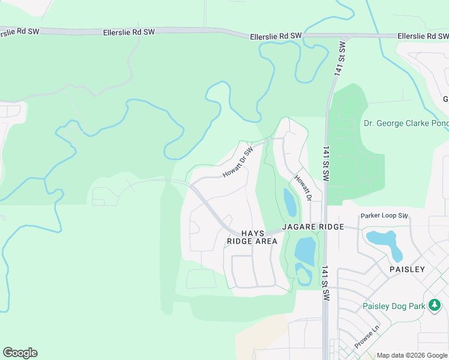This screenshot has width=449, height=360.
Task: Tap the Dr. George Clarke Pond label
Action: [406, 124]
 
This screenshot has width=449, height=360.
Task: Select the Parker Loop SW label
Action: [384, 215]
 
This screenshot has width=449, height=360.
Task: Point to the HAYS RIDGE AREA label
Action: [252, 237]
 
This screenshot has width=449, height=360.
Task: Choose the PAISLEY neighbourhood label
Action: [408, 269]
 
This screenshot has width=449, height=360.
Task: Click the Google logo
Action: [20, 353]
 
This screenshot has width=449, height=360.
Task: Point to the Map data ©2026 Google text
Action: [412, 355]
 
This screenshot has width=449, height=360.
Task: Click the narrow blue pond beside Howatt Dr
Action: [290, 203]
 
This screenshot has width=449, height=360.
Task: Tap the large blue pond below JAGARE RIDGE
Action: [305, 250]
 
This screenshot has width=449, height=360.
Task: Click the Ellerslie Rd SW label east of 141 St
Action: [423, 37]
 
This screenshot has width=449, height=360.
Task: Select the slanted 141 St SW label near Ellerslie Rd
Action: [340, 58]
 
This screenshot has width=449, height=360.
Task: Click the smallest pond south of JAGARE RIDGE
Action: [303, 274]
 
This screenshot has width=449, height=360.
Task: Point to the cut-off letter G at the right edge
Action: [445, 99]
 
